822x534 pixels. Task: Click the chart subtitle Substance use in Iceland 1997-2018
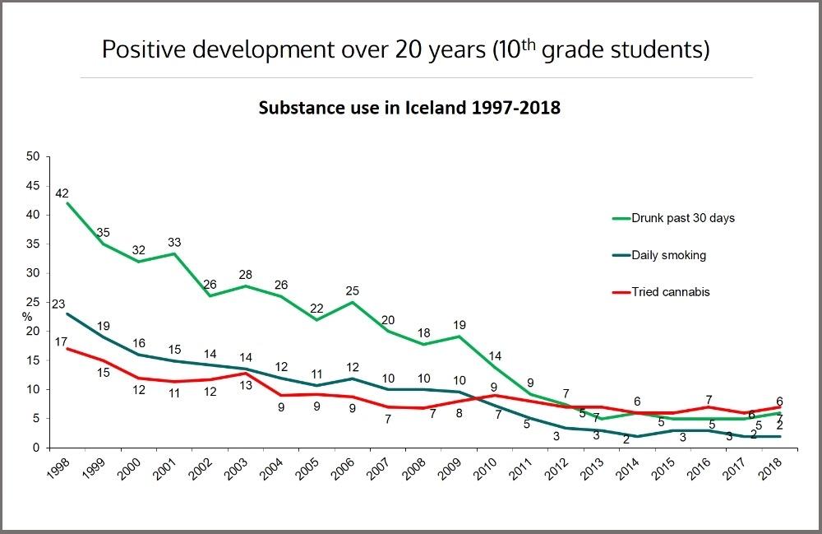409,108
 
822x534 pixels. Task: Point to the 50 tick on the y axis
34,156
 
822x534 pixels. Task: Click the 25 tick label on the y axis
34,302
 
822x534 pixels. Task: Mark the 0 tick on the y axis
37,448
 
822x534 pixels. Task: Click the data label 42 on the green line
62,193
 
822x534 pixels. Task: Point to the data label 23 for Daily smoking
58,304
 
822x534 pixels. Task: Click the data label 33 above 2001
175,243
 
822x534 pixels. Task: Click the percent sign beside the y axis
26,316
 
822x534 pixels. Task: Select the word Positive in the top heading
146,49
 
